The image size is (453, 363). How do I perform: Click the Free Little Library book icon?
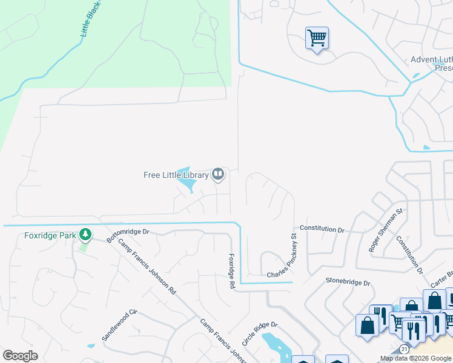point(218,175)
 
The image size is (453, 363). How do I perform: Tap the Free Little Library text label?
point(176,175)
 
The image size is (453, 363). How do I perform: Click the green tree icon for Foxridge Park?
point(85,234)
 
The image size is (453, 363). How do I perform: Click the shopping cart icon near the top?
point(317,38)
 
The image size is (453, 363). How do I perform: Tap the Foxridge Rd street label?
point(231,270)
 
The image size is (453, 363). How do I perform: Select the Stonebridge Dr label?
point(348,281)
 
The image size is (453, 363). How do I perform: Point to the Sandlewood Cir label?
point(120,325)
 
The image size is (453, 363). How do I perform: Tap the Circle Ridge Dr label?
point(259,333)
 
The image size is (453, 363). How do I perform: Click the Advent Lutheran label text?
point(431,60)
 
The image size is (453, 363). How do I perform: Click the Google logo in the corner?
point(20,356)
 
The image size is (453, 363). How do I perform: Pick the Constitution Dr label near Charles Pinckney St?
point(322,229)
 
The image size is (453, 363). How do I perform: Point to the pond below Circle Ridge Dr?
point(276,345)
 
